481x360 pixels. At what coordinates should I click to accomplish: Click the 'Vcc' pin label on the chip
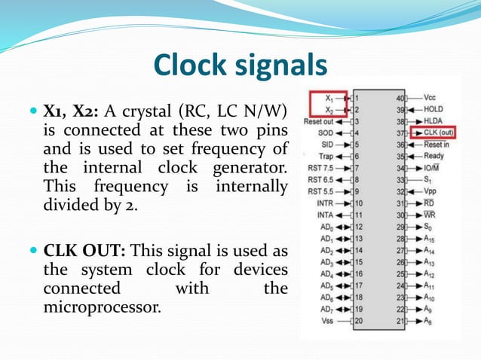[x=430, y=97]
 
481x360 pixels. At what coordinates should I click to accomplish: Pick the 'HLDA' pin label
[x=434, y=121]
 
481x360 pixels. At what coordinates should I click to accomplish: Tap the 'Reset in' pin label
[x=437, y=144]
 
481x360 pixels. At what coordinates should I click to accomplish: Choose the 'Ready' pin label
[x=434, y=156]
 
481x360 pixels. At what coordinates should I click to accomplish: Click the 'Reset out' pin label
[x=318, y=121]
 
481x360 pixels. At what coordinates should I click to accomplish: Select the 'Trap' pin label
[x=326, y=156]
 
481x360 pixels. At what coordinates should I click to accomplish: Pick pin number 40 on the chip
[x=400, y=97]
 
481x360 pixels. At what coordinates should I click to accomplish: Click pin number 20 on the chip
[x=360, y=319]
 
